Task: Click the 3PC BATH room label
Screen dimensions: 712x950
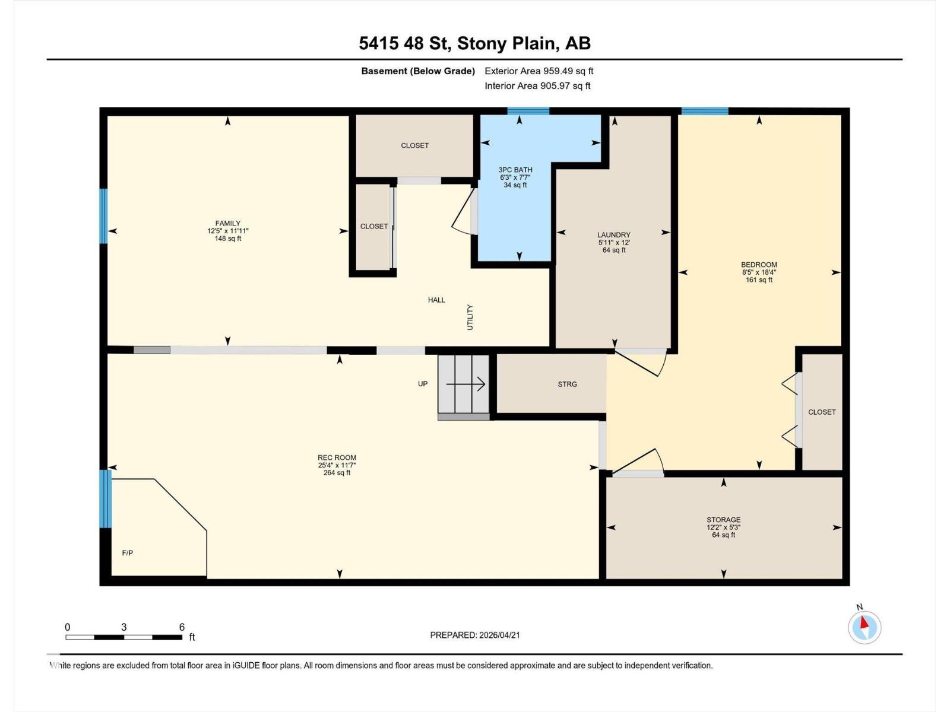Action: pos(515,170)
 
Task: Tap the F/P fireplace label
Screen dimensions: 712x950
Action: pos(128,553)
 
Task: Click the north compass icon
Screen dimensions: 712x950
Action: pos(864,627)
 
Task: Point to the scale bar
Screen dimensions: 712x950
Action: pos(123,637)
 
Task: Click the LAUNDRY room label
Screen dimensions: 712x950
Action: pos(614,235)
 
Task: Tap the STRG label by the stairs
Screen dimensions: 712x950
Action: pos(567,384)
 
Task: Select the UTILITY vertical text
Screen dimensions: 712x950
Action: pos(470,317)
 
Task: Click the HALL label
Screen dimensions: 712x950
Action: pos(436,300)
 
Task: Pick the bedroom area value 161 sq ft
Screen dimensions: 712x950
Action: pos(759,280)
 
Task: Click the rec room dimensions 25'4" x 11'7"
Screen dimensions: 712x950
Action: pos(337,465)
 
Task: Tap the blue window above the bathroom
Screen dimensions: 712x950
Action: pos(528,111)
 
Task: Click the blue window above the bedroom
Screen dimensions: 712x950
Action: pos(704,111)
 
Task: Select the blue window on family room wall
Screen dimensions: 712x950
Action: pos(103,216)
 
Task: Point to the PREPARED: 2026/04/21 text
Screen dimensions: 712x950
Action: pos(475,635)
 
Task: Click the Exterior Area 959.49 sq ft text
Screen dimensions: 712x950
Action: pos(539,71)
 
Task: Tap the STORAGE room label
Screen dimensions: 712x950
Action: pos(723,520)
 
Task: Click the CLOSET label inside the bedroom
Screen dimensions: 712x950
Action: pos(822,412)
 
